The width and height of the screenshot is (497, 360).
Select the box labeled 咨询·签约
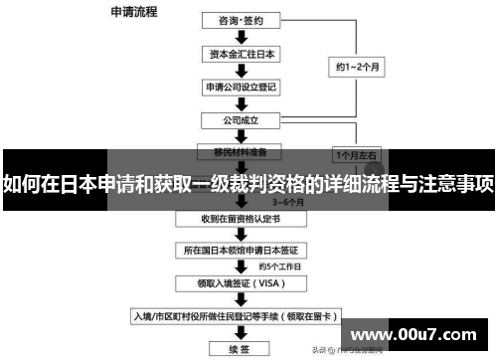tap(241, 18)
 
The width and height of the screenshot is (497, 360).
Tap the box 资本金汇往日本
tap(241, 53)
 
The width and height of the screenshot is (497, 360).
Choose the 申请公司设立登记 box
tap(241, 87)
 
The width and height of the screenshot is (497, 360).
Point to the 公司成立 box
tap(241, 119)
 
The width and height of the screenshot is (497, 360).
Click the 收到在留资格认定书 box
tap(241, 218)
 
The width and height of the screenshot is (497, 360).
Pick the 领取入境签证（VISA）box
tap(241, 283)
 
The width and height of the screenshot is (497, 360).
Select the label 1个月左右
tap(355, 156)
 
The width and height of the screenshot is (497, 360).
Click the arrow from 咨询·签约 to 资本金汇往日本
tap(241, 36)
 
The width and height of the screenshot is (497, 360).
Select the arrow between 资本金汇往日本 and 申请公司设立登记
tap(241, 70)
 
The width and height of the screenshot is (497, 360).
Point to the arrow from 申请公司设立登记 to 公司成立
tap(241, 103)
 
